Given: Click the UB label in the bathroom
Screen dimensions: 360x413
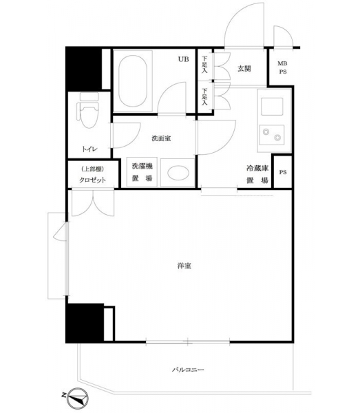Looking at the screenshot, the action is pyautogui.click(x=184, y=59).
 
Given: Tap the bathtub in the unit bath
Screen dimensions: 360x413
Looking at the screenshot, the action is pyautogui.click(x=132, y=81).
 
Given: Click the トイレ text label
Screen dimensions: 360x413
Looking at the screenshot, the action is pyautogui.click(x=89, y=149).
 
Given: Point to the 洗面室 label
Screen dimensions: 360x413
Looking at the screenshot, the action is pyautogui.click(x=161, y=138).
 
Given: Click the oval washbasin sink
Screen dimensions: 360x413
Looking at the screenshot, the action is pyautogui.click(x=178, y=173).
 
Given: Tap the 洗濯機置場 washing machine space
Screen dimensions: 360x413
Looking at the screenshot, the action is pyautogui.click(x=142, y=172).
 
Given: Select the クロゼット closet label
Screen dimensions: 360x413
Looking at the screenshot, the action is pyautogui.click(x=92, y=180).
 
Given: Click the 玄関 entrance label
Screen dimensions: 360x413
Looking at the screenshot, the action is pyautogui.click(x=244, y=69).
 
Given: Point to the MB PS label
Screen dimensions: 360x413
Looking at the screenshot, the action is pyautogui.click(x=283, y=67).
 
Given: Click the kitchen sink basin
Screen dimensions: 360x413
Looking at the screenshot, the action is pyautogui.click(x=272, y=107).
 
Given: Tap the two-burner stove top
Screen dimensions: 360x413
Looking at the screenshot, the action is pyautogui.click(x=272, y=135).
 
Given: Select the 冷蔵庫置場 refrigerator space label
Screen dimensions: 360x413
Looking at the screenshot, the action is pyautogui.click(x=257, y=174).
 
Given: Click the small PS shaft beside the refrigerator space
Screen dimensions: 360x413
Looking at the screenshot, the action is pyautogui.click(x=283, y=172).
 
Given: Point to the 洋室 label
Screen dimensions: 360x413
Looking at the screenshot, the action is pyautogui.click(x=184, y=266).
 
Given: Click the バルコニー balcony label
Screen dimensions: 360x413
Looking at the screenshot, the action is pyautogui.click(x=188, y=370).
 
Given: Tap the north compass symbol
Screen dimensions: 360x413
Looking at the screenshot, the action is pyautogui.click(x=77, y=398).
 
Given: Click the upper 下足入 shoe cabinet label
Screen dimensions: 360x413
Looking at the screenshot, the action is pyautogui.click(x=205, y=65).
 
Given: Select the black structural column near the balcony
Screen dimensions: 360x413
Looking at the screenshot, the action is pyautogui.click(x=85, y=323).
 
